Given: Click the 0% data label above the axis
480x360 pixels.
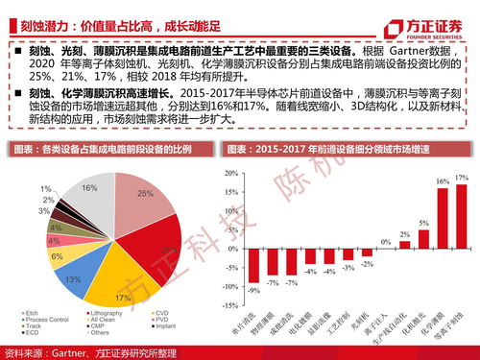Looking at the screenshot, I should pos(385,241).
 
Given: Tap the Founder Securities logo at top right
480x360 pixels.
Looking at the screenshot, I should pos(429,16).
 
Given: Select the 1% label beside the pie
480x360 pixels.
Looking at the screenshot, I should pos(46,188).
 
